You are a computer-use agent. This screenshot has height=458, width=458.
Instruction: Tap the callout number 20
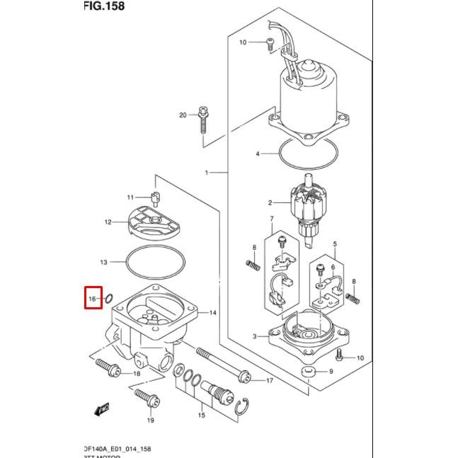[x=183, y=115]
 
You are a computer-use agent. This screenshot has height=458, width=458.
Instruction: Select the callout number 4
[x=258, y=154]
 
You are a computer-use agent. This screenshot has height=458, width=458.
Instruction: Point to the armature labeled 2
[x=309, y=205]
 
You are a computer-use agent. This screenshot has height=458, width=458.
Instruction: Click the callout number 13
[x=103, y=263]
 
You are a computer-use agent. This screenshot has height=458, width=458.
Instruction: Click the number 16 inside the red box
[x=92, y=299]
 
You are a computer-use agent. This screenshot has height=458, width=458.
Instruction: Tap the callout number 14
[x=212, y=312]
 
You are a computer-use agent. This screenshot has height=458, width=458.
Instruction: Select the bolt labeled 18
[x=107, y=368]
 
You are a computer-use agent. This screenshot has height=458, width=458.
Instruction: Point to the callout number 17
[x=269, y=381]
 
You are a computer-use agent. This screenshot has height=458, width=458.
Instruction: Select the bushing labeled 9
[x=308, y=372]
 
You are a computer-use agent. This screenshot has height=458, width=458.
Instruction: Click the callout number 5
[x=336, y=243]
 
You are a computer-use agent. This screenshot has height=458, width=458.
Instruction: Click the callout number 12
[x=108, y=222]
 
